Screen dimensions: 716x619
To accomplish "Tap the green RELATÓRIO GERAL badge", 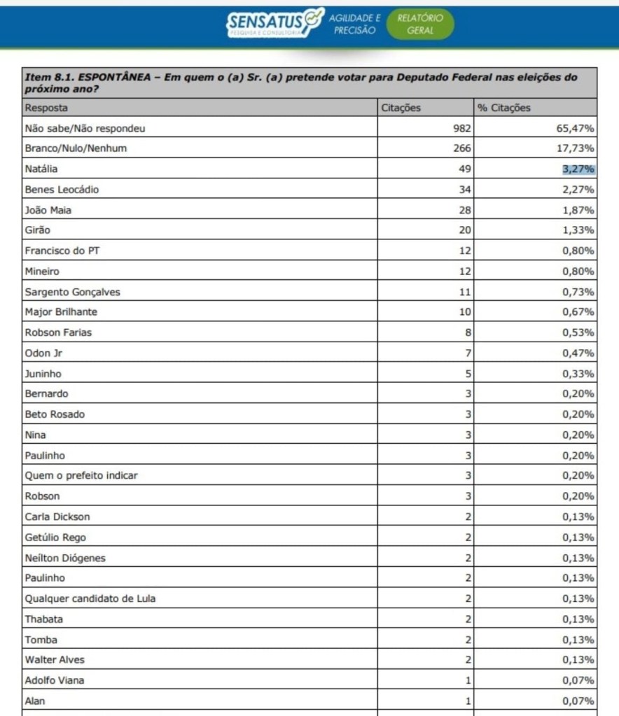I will [x=420, y=24].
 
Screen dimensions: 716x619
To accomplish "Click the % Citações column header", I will [x=504, y=108].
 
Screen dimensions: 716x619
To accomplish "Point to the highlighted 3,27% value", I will [x=578, y=169].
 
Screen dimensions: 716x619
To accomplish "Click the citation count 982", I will [x=462, y=128].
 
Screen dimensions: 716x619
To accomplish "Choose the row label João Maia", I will [x=48, y=209].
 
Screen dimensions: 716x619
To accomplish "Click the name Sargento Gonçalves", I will [x=72, y=292].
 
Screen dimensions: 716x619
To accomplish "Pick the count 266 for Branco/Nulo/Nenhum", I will [x=462, y=148].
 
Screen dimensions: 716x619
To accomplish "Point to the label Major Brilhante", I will [x=61, y=312].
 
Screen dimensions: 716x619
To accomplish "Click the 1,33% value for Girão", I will [x=580, y=230].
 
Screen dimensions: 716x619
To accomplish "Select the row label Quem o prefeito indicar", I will [x=81, y=476].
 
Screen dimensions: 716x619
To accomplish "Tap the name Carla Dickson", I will [x=57, y=517].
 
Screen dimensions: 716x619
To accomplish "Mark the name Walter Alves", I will [x=55, y=660].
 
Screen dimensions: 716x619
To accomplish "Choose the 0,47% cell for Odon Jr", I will [x=580, y=353].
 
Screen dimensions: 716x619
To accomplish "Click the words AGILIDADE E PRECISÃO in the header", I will [x=355, y=24].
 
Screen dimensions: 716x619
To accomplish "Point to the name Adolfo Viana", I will [x=55, y=680].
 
